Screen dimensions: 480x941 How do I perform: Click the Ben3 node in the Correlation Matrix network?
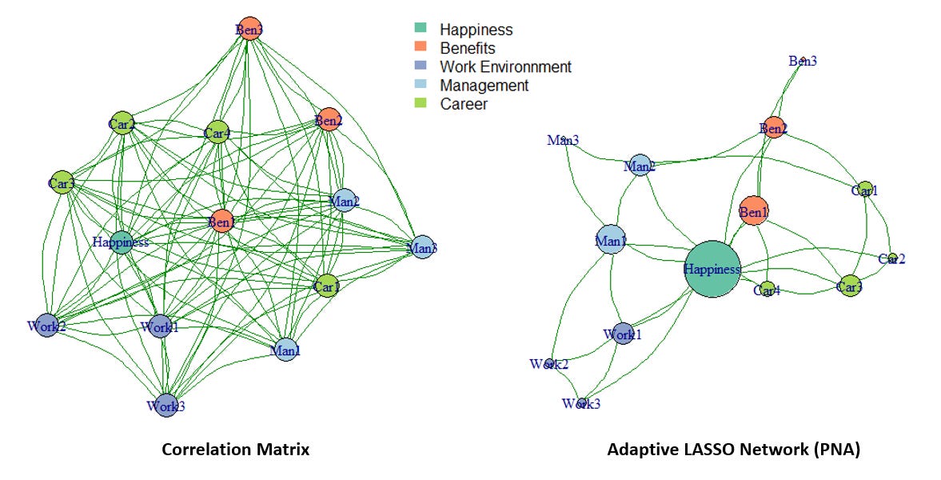tap(249, 29)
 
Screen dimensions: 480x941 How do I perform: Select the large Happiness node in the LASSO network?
tap(712, 270)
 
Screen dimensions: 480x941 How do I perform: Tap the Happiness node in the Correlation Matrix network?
tap(122, 242)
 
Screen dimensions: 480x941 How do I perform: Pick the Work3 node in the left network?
tap(165, 406)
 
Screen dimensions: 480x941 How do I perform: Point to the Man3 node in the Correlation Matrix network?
tap(422, 248)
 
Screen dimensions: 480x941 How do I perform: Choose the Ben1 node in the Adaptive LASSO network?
tap(753, 212)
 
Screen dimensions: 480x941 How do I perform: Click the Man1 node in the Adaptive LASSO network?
tap(610, 240)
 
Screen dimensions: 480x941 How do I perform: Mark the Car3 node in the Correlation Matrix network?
tap(62, 183)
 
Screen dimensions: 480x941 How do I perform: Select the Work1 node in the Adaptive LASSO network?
tap(623, 334)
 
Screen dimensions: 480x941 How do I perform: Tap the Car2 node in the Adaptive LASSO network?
tap(892, 258)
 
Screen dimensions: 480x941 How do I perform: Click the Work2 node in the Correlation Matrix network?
tap(46, 326)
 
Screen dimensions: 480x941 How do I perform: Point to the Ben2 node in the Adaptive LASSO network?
tap(773, 128)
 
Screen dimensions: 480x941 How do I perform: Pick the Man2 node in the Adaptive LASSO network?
tap(640, 166)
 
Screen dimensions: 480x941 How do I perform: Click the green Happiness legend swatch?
tap(421, 30)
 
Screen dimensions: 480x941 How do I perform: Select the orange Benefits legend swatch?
tap(421, 48)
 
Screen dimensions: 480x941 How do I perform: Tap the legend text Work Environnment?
tap(505, 67)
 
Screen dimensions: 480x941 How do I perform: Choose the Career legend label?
tap(463, 104)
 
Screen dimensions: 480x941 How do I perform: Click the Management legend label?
tap(484, 86)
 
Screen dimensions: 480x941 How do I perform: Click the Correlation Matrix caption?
tap(235, 450)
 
